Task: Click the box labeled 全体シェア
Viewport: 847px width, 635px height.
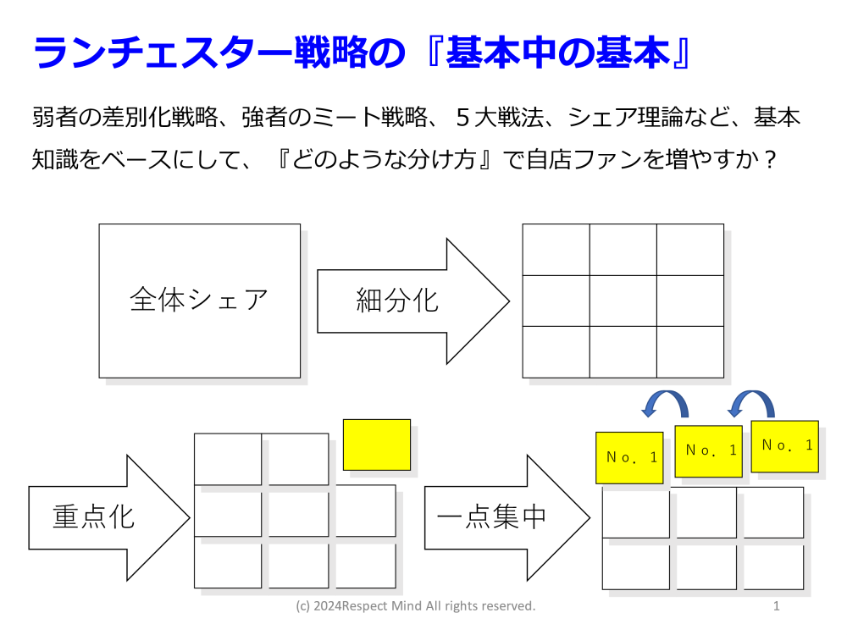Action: tap(199, 301)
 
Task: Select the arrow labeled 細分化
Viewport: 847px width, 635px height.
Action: tap(412, 301)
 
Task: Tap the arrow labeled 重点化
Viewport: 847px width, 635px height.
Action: tap(109, 517)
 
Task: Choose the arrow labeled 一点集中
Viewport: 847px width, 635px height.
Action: tap(507, 517)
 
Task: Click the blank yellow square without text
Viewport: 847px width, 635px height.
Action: tap(377, 444)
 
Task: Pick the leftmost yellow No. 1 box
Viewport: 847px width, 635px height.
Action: tap(629, 457)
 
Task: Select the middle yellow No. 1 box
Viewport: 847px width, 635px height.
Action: tap(708, 451)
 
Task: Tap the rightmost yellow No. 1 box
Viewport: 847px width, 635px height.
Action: tap(784, 446)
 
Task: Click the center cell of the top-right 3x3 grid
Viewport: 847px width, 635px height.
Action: tap(623, 301)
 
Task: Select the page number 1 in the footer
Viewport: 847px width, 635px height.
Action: tap(776, 606)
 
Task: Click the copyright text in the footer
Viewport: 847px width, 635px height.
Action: tap(415, 606)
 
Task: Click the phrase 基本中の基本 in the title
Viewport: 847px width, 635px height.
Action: tap(558, 52)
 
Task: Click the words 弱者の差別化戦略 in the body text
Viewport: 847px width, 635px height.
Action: tap(125, 117)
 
